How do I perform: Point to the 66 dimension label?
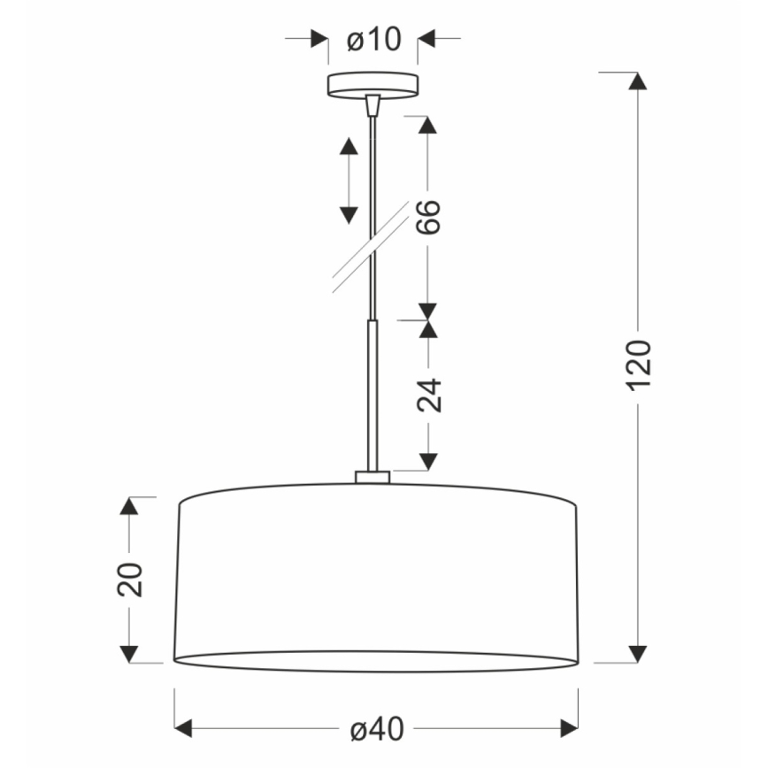tap(428, 217)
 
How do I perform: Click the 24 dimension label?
tap(428, 395)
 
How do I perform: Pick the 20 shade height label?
tap(130, 580)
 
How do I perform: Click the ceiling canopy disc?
tap(372, 85)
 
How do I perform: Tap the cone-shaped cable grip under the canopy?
tap(372, 105)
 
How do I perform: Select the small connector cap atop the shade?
tap(372, 477)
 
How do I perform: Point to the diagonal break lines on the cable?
tap(372, 247)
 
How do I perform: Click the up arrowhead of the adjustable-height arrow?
tap(349, 148)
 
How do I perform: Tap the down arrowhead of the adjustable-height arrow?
tap(349, 213)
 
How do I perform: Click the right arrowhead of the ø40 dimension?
tap(568, 728)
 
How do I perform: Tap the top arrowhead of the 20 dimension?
tap(130, 506)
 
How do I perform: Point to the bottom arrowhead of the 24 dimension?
tap(428, 461)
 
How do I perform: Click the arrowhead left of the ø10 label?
tap(318, 39)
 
